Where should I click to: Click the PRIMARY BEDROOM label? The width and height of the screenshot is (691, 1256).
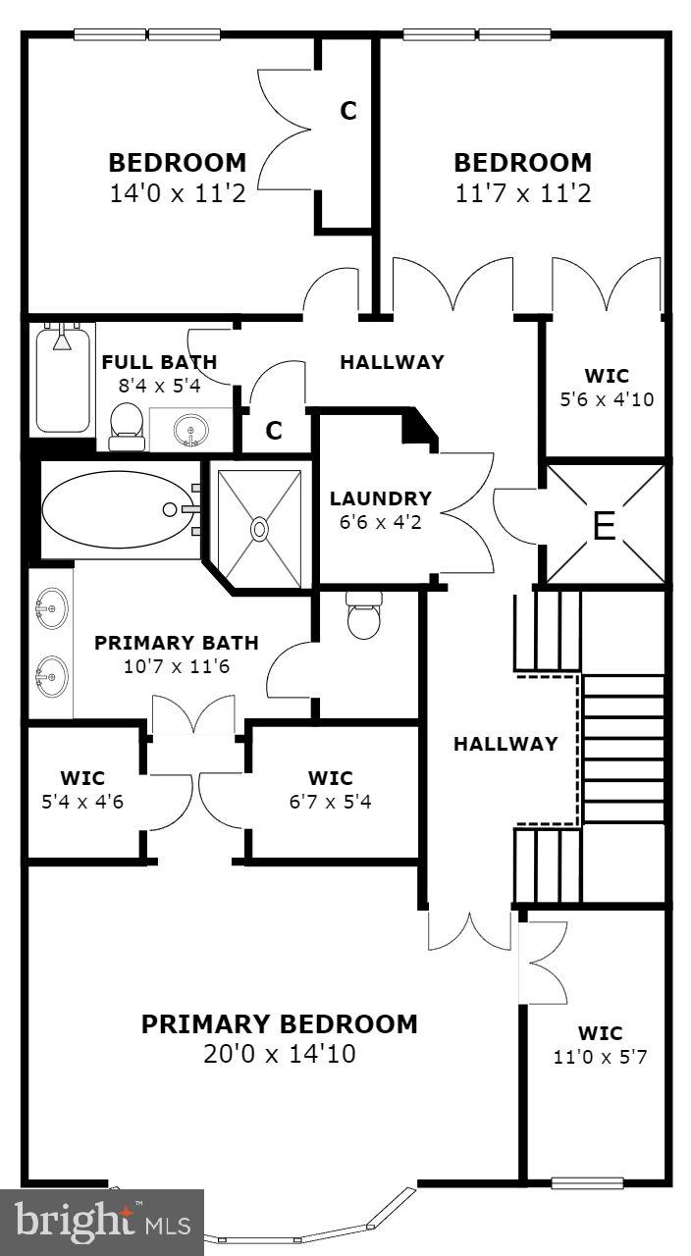280,1024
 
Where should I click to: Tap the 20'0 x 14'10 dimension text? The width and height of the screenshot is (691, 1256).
280,1055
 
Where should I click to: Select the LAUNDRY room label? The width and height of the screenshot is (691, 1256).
381,498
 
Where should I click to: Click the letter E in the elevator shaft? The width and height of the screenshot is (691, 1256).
604,527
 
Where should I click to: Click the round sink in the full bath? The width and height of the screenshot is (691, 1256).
189,429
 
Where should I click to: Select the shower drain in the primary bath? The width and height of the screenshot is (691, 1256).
259,529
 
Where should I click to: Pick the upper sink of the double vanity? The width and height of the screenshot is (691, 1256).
48,611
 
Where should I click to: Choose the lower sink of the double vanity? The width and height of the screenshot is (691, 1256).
48,675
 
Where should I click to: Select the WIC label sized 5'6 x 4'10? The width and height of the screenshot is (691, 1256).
606,376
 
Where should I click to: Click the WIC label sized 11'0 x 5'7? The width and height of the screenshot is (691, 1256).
600,1033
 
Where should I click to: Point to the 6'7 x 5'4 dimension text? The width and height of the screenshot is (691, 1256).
330,802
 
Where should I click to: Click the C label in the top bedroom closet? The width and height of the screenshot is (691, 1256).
348,112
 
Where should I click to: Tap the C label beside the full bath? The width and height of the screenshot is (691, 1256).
275,430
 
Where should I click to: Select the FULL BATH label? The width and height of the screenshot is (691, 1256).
159,362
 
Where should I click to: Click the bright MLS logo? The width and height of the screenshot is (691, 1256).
102,1223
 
